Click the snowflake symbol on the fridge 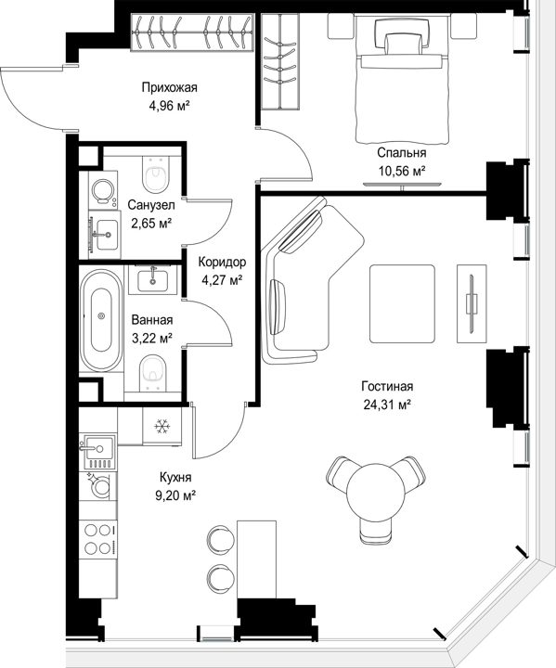click(162, 426)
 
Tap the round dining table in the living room click(376, 494)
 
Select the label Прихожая click(170, 88)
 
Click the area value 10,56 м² click(402, 171)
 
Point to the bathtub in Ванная click(101, 320)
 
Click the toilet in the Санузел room click(156, 174)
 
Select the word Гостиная click(387, 386)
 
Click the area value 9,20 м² click(175, 495)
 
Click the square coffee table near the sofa click(403, 303)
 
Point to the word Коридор click(222, 262)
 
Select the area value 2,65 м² click(151, 224)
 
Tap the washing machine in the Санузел click(103, 190)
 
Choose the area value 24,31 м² click(387, 405)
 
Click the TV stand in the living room click(472, 303)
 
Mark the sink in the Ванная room click(153, 278)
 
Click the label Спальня click(402, 152)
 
